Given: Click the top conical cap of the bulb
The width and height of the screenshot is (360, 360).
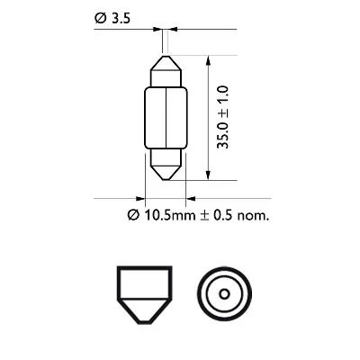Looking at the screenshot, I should point(166,67).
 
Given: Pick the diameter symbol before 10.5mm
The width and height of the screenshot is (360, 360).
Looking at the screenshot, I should point(132,215).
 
